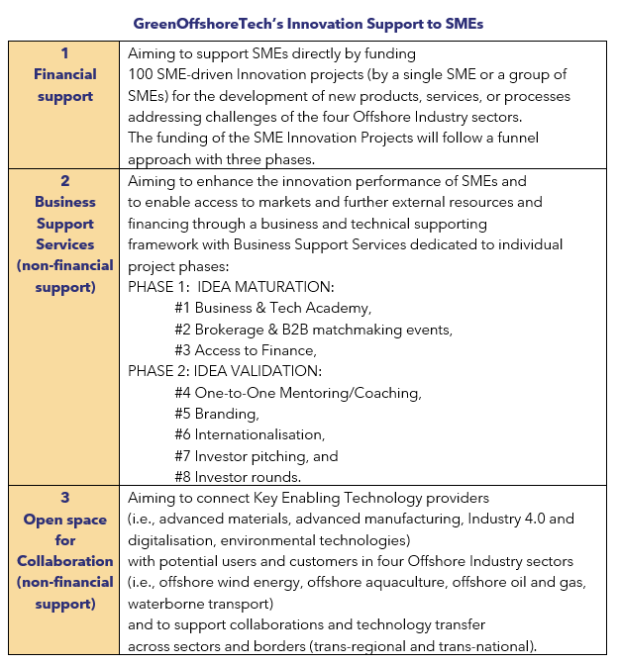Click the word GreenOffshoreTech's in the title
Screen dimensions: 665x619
pyautogui.click(x=218, y=23)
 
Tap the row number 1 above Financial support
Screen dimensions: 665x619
pyautogui.click(x=64, y=52)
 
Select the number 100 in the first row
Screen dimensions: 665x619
pyautogui.click(x=142, y=74)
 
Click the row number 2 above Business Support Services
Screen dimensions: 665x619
pyautogui.click(x=64, y=180)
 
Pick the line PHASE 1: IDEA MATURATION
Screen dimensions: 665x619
pyautogui.click(x=231, y=286)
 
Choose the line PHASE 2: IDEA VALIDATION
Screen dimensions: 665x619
pyautogui.click(x=225, y=371)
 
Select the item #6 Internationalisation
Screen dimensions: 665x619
pyautogui.click(x=249, y=434)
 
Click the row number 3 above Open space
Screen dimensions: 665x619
pyautogui.click(x=64, y=499)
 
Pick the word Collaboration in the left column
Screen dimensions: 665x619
pyautogui.click(x=64, y=562)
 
